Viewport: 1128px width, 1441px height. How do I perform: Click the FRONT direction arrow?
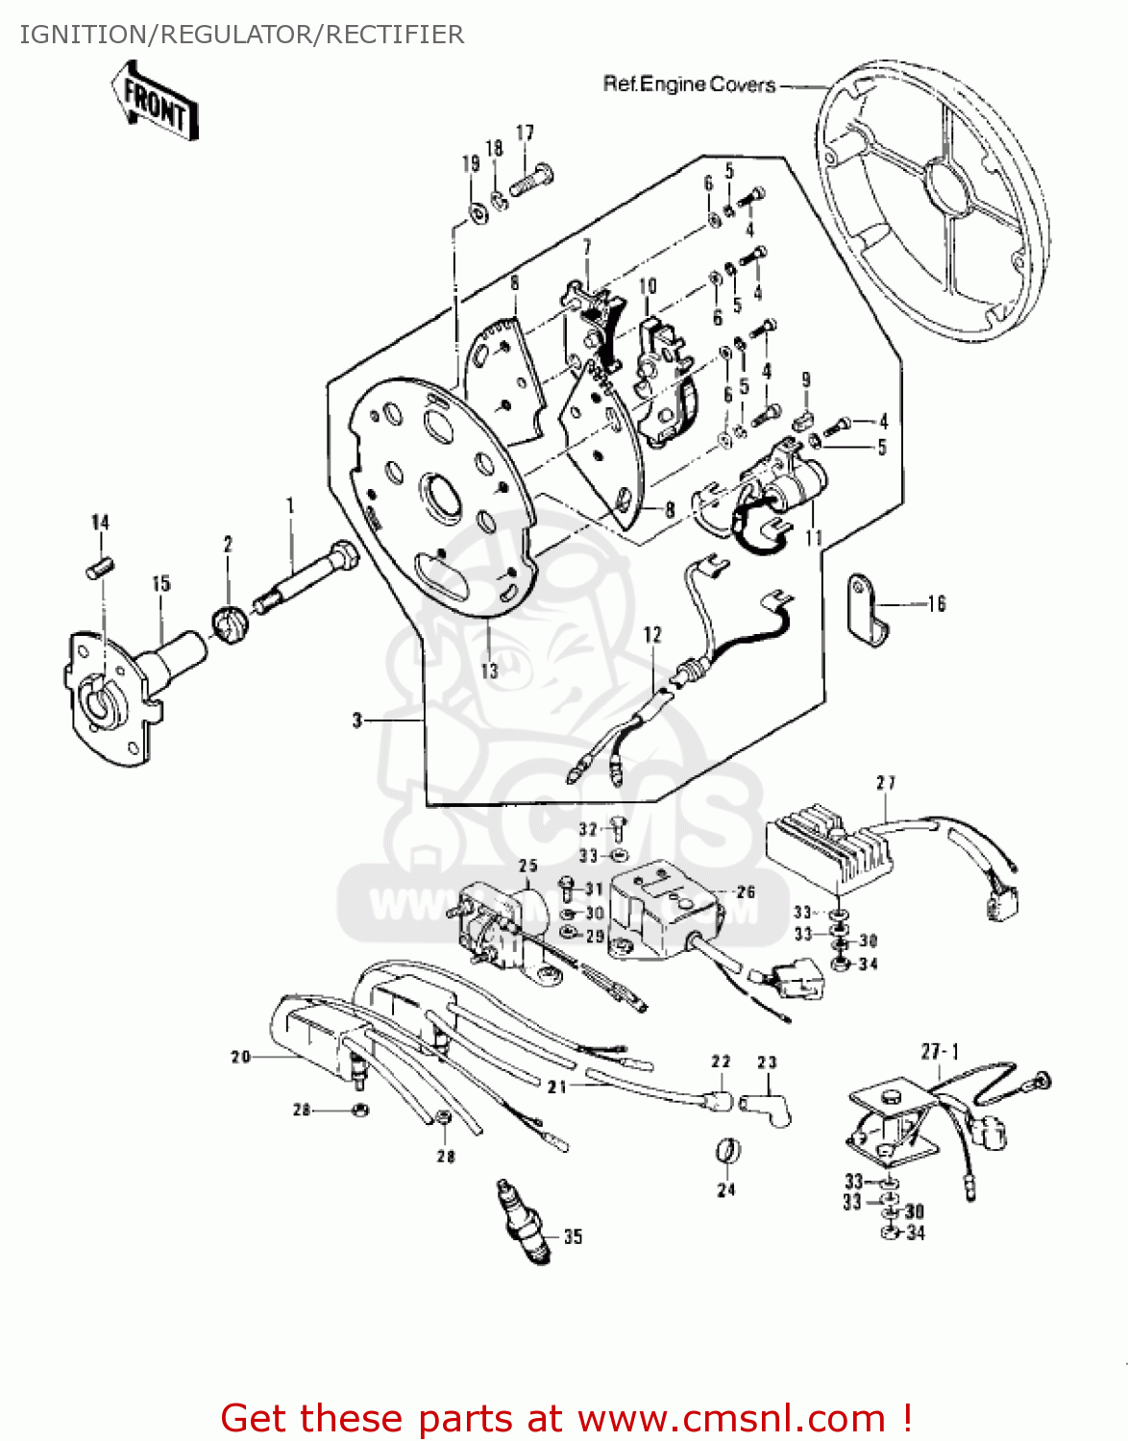tap(155, 102)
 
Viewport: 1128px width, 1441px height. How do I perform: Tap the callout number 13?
tap(490, 670)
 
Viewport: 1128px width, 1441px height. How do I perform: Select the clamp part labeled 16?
tap(867, 610)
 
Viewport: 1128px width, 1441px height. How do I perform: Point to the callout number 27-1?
tap(939, 1051)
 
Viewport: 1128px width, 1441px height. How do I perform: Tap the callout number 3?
tap(357, 720)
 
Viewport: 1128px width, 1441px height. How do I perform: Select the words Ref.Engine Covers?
tap(689, 85)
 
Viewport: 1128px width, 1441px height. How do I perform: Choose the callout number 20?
tap(240, 1057)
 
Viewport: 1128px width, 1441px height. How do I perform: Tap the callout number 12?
tap(652, 635)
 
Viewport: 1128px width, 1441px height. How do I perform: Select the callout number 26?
tap(746, 892)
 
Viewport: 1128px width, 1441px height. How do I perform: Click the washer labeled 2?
tap(231, 624)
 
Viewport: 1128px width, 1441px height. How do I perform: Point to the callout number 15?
tap(160, 583)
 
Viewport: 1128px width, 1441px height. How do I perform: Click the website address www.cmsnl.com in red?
tap(732, 1418)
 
